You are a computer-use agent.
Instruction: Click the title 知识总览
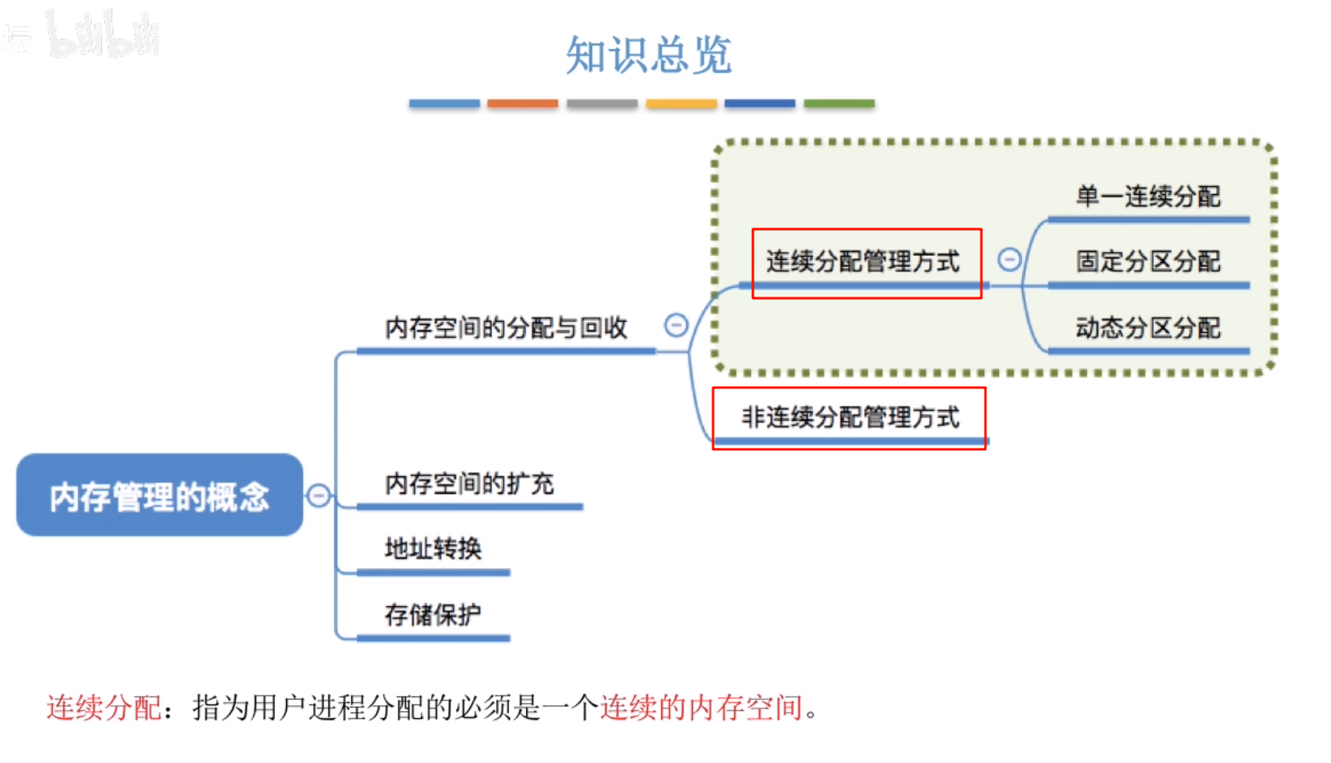coord(649,55)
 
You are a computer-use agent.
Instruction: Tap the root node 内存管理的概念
coord(159,496)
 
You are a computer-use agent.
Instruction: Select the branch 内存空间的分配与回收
coord(506,328)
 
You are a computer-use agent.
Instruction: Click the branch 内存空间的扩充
coord(469,484)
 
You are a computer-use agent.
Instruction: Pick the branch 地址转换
coord(433,549)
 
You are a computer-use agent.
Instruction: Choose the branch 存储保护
coord(433,615)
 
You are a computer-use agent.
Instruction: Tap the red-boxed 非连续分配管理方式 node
coord(850,418)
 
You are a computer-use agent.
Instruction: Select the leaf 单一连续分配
coord(1148,197)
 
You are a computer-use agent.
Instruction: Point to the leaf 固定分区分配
coord(1148,262)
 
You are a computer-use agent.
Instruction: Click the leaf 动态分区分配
coord(1148,328)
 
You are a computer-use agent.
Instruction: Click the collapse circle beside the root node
coord(319,495)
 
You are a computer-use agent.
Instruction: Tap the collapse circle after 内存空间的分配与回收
coord(676,326)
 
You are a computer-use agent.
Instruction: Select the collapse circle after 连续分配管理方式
coord(1009,259)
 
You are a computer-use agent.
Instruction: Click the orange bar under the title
coord(523,104)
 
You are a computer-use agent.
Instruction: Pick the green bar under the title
coord(839,104)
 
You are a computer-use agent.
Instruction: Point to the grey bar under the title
coord(602,104)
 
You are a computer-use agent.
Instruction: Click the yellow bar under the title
coord(681,104)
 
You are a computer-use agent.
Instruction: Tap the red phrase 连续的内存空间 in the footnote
coord(701,708)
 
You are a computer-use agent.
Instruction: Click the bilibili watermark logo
coord(102,35)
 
